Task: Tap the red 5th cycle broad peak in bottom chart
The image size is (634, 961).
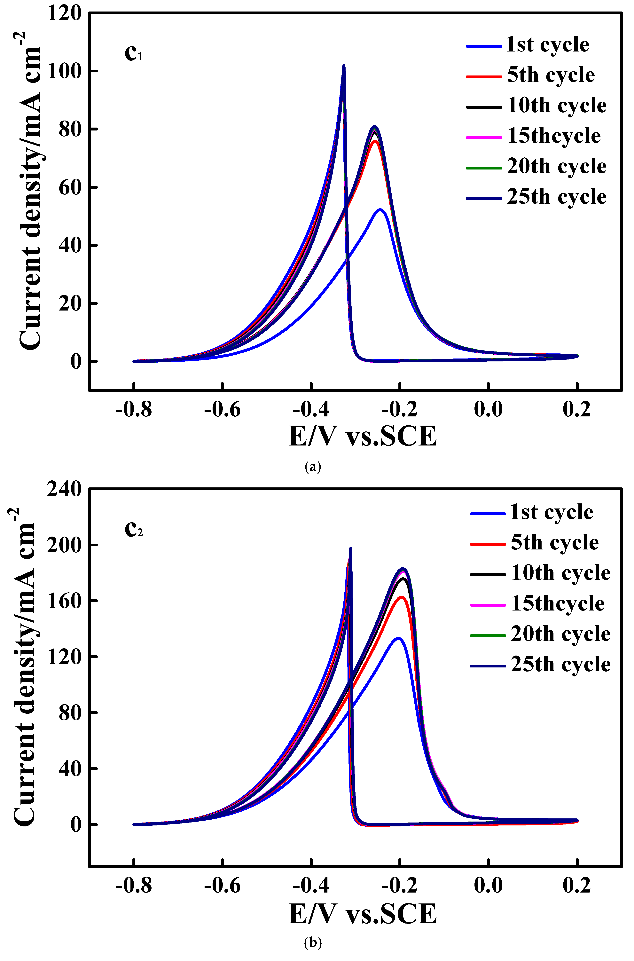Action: point(402,597)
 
